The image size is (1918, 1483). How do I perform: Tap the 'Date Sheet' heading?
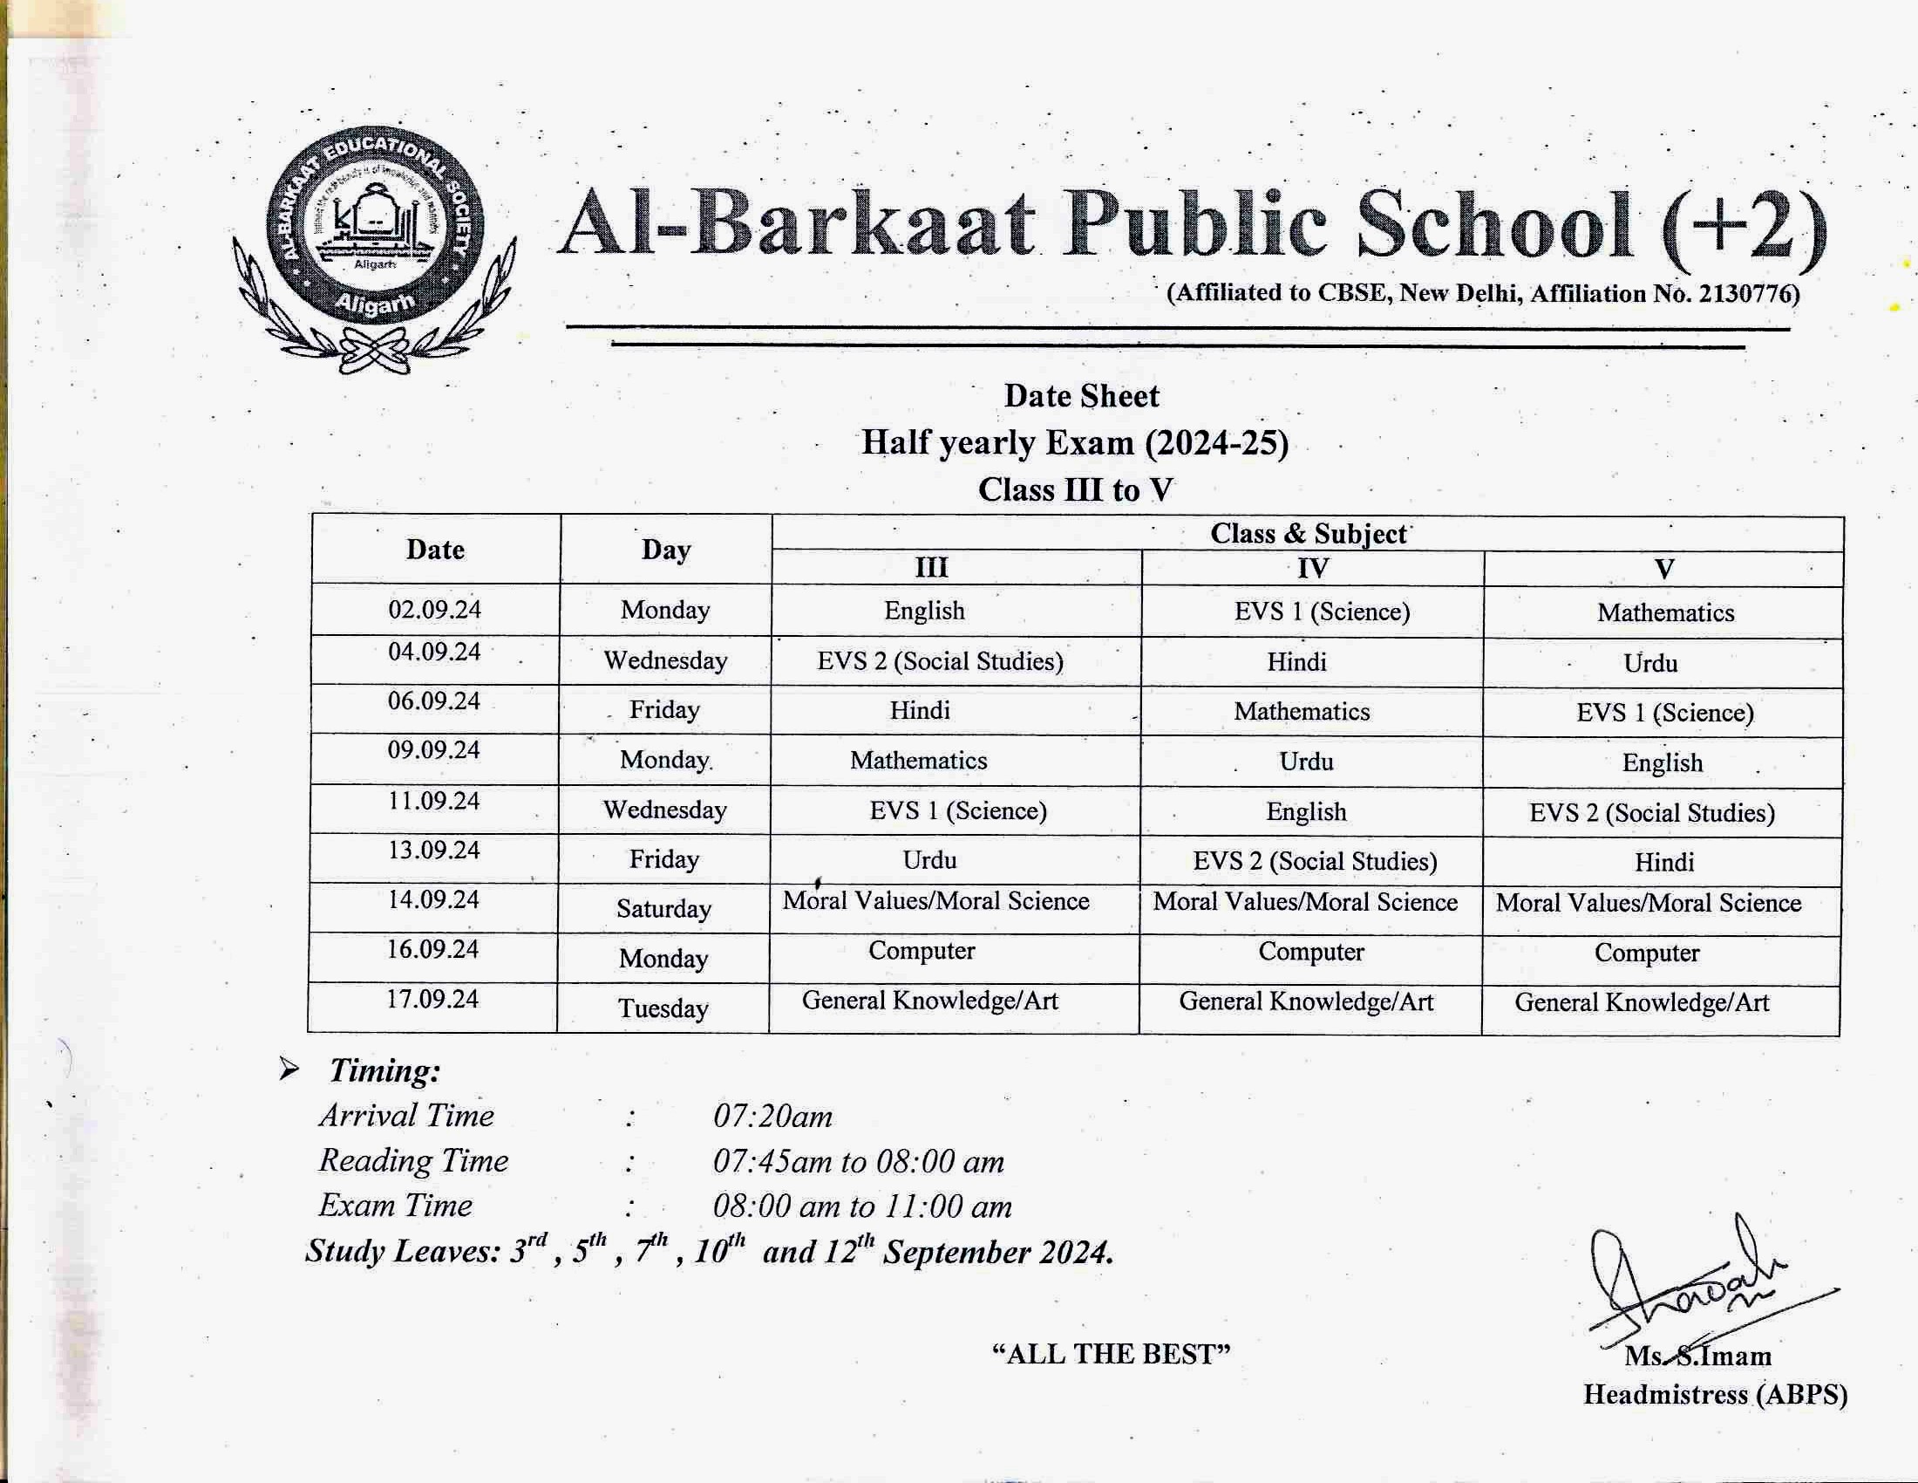point(1081,396)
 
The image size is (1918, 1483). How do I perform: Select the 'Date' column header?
point(435,550)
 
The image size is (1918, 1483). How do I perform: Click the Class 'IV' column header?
point(1313,569)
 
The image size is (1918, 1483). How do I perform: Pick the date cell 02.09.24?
point(435,609)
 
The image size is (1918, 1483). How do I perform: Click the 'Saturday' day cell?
point(663,908)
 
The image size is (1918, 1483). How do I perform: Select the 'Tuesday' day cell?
point(663,1008)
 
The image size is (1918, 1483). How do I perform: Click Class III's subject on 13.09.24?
point(929,859)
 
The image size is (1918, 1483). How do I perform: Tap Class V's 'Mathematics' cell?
point(1665,613)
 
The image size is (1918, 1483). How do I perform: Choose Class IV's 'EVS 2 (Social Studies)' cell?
point(1315,861)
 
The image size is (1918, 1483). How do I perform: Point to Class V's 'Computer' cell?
point(1647,953)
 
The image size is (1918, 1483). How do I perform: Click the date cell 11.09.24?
point(434,801)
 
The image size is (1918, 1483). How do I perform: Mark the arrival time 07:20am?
point(772,1117)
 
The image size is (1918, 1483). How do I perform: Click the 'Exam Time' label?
point(395,1206)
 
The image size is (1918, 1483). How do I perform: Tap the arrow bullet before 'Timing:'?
point(289,1070)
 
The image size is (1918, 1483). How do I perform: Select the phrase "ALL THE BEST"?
point(1111,1354)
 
